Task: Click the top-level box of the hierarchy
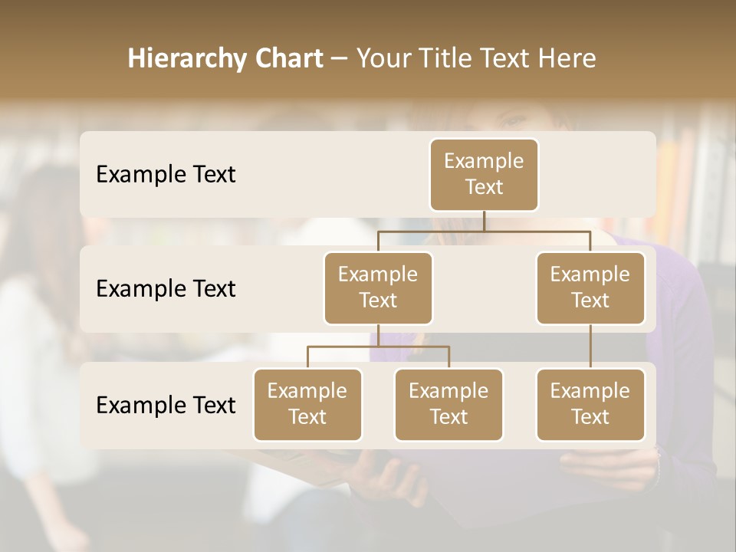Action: pyautogui.click(x=484, y=175)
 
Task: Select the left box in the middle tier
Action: pyautogui.click(x=378, y=288)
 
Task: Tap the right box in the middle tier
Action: pyautogui.click(x=590, y=288)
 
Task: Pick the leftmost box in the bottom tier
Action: pyautogui.click(x=307, y=405)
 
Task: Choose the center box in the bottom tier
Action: pyautogui.click(x=449, y=405)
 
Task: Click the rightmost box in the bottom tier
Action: pyautogui.click(x=590, y=405)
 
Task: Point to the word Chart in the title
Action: pyautogui.click(x=285, y=59)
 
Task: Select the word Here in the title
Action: pyautogui.click(x=568, y=59)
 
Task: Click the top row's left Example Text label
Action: pyautogui.click(x=166, y=175)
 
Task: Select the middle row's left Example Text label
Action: pyautogui.click(x=166, y=289)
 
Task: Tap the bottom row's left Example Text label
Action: pyautogui.click(x=166, y=405)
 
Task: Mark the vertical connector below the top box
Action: pyautogui.click(x=484, y=221)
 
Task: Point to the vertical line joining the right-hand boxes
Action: pyautogui.click(x=590, y=347)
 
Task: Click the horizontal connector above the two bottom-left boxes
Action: pyautogui.click(x=378, y=347)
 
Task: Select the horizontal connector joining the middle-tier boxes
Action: pyautogui.click(x=484, y=230)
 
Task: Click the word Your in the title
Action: pyautogui.click(x=383, y=59)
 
